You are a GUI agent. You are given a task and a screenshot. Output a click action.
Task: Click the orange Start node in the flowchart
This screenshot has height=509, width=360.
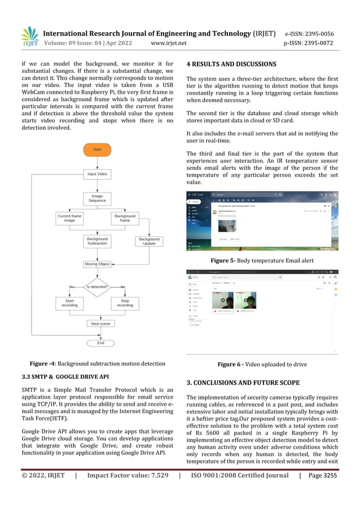[97, 150]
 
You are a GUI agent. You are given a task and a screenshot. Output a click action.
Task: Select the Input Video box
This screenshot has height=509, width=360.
[97, 174]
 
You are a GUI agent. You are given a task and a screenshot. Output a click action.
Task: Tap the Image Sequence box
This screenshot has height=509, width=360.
[97, 198]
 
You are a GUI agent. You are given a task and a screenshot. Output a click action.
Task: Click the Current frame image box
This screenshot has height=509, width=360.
[69, 218]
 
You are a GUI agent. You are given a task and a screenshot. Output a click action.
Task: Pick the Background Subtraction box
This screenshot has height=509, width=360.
[97, 241]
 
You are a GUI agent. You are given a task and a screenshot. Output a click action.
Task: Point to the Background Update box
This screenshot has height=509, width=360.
[149, 241]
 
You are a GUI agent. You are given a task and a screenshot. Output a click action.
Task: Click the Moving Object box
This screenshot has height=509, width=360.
[97, 264]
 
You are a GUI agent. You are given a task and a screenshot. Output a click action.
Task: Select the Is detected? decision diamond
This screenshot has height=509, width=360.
[97, 287]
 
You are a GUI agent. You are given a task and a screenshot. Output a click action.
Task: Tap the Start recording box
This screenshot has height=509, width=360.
[69, 303]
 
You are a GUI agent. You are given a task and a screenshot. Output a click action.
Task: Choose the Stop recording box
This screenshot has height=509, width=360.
[125, 303]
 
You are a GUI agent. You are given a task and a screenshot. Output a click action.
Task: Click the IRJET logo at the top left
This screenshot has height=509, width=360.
[29, 36]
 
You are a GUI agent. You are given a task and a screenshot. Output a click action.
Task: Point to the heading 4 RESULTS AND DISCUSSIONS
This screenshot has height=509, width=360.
[231, 64]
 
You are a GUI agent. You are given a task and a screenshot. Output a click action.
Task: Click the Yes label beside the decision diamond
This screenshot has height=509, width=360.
[72, 287]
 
